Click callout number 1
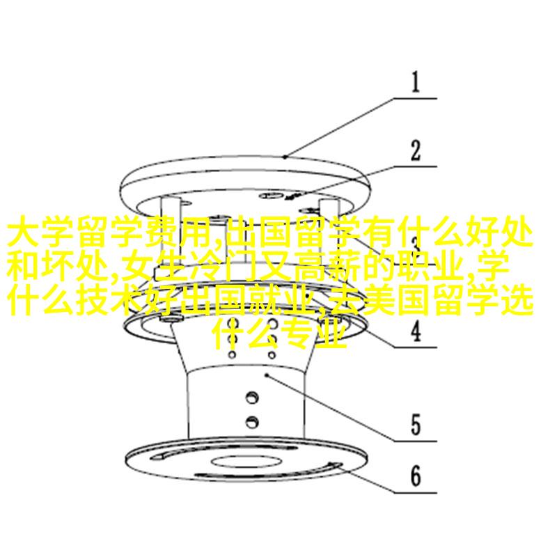click(415, 82)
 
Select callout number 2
click(415, 150)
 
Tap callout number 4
click(416, 331)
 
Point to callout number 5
click(416, 425)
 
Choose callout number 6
click(416, 476)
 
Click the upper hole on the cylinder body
click(252, 397)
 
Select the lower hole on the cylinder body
click(252, 422)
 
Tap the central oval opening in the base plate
click(246, 462)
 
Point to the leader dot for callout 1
click(285, 156)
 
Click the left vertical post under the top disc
click(170, 232)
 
